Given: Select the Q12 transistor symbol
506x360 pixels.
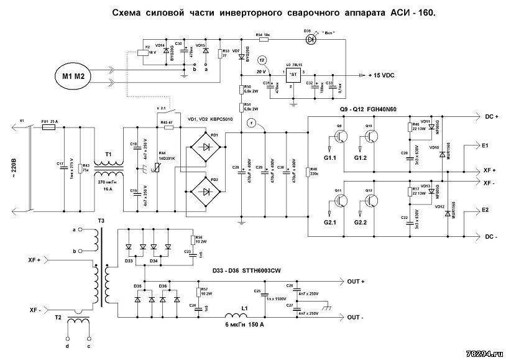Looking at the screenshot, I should pyautogui.click(x=371, y=201).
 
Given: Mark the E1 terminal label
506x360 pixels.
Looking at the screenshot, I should pyautogui.click(x=485, y=146).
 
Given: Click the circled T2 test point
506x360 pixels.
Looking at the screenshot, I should pyautogui.click(x=262, y=59).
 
